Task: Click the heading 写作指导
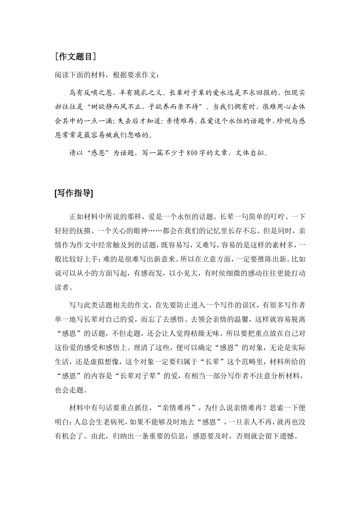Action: click(x=74, y=193)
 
